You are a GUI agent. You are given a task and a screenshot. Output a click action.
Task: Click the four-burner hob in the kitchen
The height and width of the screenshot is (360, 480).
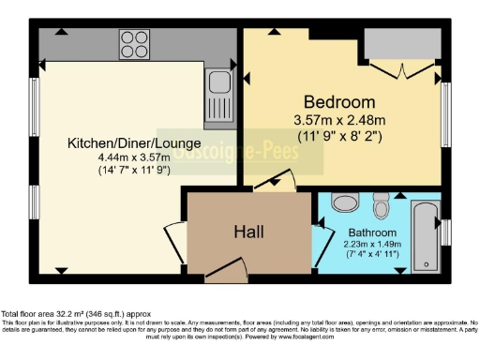coord(132,44)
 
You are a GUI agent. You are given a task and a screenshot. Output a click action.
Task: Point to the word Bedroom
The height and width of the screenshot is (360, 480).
coord(339,101)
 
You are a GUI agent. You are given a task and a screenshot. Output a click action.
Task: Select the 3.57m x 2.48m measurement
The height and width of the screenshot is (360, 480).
coord(339,119)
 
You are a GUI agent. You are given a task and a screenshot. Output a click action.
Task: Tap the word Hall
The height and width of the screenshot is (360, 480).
coord(248,232)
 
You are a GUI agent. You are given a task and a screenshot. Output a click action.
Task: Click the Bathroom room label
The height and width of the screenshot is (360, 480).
coord(372,232)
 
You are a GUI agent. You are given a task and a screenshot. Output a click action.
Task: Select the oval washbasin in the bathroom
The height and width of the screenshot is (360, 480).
coord(345,202)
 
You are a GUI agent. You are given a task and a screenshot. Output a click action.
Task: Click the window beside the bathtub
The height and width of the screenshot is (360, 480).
coord(446,232)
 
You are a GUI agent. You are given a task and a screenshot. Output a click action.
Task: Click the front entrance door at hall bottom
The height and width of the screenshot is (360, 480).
coord(225,272)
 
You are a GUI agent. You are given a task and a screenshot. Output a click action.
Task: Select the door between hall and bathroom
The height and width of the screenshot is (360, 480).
coord(320,230)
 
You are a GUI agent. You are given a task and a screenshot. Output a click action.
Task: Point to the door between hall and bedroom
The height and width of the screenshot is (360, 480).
coord(277,181)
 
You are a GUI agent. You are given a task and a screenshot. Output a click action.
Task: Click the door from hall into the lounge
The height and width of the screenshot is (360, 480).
coord(174,235)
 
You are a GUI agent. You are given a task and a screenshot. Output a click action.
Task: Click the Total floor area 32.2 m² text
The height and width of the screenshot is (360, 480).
coord(74,313)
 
